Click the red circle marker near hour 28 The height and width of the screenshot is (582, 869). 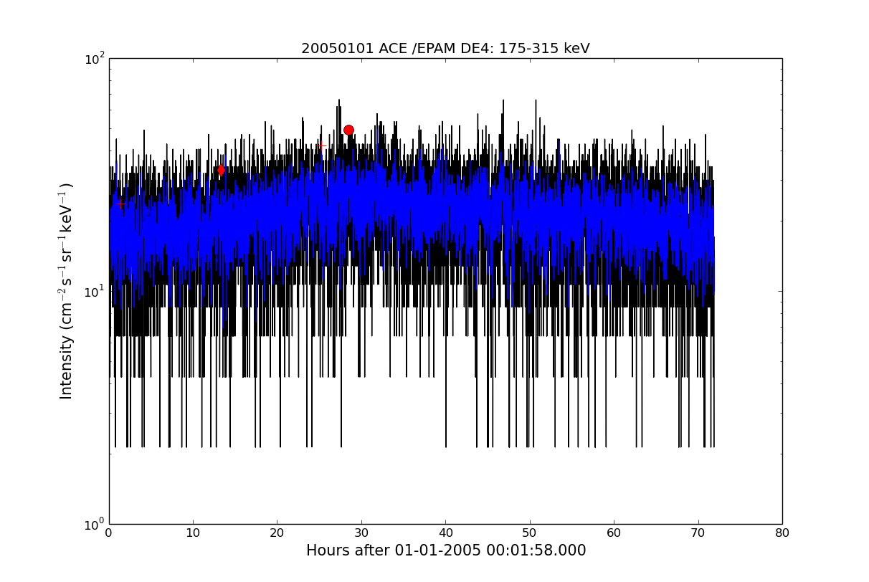[348, 130]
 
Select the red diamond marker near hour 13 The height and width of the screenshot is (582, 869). [221, 170]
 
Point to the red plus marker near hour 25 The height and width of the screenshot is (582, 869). [321, 146]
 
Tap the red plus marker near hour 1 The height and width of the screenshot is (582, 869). [120, 204]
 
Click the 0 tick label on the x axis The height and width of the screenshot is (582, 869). [109, 533]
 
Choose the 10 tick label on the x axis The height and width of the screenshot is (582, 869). [193, 533]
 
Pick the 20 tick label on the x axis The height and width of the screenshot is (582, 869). [277, 533]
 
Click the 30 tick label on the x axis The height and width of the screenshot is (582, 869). [361, 533]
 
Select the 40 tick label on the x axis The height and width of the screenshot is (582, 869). [446, 533]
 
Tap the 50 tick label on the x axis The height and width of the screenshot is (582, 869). [530, 533]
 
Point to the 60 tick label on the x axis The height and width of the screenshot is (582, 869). [614, 533]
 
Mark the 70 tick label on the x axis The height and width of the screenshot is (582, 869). [698, 533]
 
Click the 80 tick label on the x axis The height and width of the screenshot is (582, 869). [782, 533]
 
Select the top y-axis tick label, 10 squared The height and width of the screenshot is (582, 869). [95, 59]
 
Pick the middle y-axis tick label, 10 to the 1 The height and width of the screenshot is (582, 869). [95, 291]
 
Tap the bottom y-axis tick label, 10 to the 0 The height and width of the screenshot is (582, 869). [95, 525]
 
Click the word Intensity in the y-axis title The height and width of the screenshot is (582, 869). [66, 366]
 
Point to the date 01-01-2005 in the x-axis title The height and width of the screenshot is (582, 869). [437, 550]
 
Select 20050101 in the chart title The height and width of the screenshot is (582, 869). [338, 49]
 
